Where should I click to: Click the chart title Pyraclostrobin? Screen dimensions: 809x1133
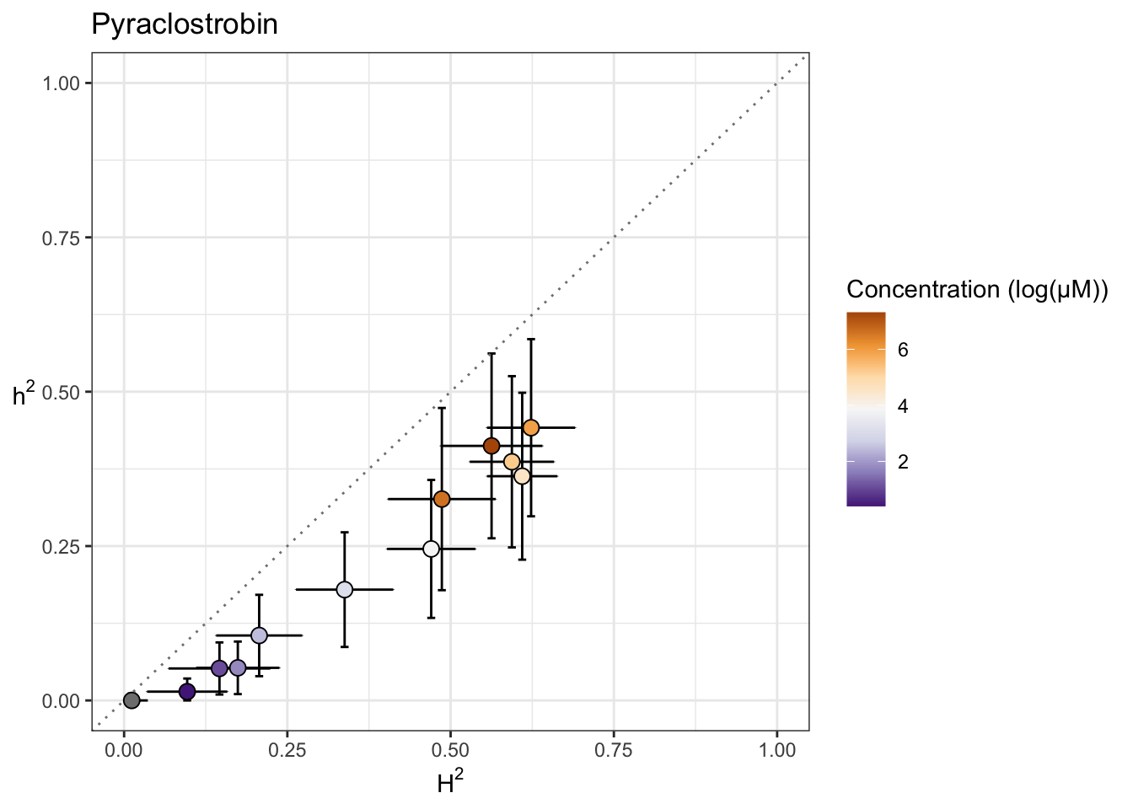[184, 24]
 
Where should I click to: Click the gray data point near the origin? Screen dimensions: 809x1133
[132, 700]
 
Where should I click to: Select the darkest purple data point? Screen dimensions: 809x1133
[187, 692]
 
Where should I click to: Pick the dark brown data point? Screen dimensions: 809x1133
[491, 446]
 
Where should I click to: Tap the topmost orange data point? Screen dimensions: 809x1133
[531, 428]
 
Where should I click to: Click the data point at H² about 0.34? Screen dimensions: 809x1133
[345, 590]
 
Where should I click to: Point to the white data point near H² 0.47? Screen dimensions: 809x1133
[431, 549]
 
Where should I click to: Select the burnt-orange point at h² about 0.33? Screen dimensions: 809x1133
[442, 500]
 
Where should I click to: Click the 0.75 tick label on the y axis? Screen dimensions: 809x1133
[62, 238]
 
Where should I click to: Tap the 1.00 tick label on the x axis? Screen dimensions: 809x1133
[777, 750]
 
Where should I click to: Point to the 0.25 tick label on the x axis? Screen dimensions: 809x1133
[287, 750]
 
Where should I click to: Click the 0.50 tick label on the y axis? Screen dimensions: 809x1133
[62, 392]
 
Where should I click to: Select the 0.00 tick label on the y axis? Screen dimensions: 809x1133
[62, 701]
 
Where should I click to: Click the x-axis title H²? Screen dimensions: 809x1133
[450, 785]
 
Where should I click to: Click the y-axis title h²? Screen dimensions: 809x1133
[24, 394]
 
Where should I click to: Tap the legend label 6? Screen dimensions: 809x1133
[903, 351]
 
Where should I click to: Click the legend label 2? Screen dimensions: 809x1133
[903, 462]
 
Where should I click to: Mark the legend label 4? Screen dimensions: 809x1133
[903, 406]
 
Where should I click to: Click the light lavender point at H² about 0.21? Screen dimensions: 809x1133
[259, 635]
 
